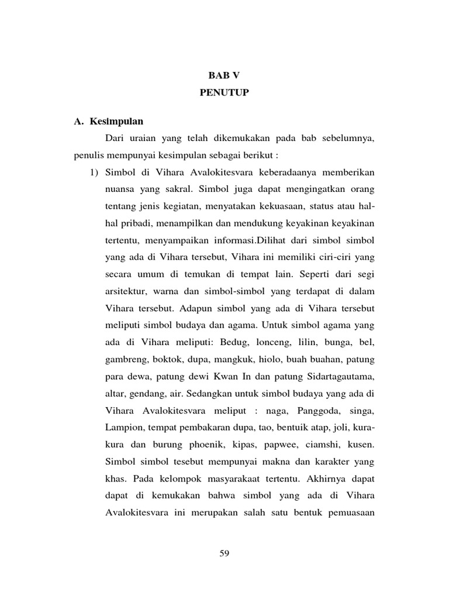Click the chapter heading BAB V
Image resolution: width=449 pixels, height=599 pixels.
pyautogui.click(x=224, y=75)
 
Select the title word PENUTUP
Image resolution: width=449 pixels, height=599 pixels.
pyautogui.click(x=224, y=93)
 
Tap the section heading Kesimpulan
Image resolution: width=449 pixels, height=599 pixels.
pyautogui.click(x=116, y=122)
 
